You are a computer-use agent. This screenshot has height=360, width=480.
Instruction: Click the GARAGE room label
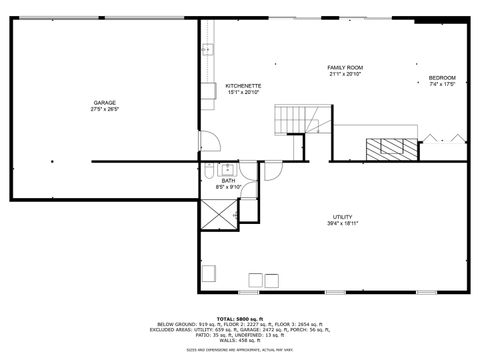(105, 102)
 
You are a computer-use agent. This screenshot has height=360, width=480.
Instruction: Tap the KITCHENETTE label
(243, 86)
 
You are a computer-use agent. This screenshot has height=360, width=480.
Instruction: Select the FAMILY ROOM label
(345, 68)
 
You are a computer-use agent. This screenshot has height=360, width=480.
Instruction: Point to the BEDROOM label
(442, 78)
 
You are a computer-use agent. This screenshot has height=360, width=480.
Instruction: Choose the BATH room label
(229, 180)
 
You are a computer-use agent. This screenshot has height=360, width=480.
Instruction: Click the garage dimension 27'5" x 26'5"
(105, 109)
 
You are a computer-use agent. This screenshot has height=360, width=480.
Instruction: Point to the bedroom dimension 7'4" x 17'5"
(442, 85)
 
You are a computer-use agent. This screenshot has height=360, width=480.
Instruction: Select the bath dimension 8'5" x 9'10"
(229, 187)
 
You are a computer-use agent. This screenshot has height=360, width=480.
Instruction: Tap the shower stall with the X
(218, 212)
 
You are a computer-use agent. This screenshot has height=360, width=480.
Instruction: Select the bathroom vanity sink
(227, 167)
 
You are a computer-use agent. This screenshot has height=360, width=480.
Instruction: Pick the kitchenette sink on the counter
(207, 49)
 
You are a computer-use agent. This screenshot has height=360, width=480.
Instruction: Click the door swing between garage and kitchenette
(206, 141)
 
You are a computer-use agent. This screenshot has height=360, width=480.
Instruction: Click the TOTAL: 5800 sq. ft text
(239, 317)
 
